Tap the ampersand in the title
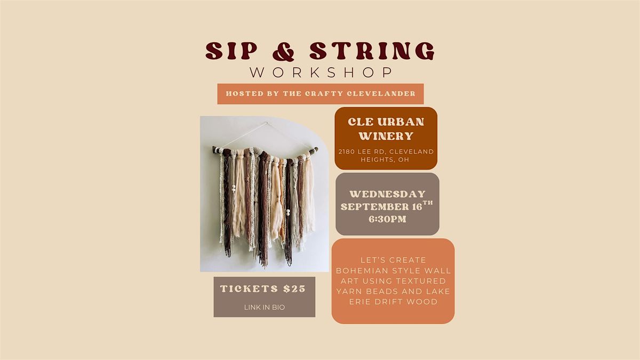pyautogui.click(x=283, y=51)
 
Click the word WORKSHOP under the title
pyautogui.click(x=321, y=73)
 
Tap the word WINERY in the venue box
pyautogui.click(x=386, y=135)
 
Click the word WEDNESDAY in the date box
pyautogui.click(x=387, y=194)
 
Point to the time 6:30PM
pyautogui.click(x=387, y=219)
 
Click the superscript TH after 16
pyautogui.click(x=428, y=203)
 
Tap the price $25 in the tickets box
pyautogui.click(x=294, y=289)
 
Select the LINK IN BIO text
pyautogui.click(x=265, y=307)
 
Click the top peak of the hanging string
pyautogui.click(x=267, y=123)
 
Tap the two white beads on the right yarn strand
pyautogui.click(x=288, y=212)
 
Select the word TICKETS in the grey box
pyautogui.click(x=249, y=289)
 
